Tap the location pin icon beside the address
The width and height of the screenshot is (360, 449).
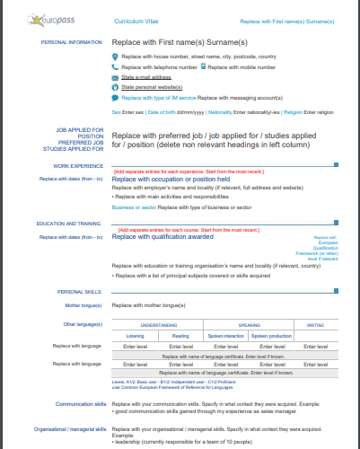click(115, 57)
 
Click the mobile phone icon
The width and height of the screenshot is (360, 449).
click(204, 66)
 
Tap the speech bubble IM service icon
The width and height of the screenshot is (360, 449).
click(115, 97)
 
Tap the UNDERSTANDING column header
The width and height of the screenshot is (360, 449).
click(159, 324)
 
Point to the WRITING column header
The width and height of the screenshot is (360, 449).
click(316, 324)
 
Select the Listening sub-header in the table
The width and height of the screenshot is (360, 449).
click(136, 335)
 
